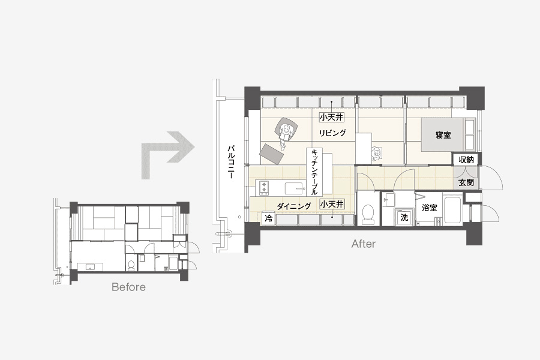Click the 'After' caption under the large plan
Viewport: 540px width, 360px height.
[364, 244]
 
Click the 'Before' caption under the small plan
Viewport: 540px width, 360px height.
[128, 287]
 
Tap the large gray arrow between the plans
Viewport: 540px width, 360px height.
[167, 154]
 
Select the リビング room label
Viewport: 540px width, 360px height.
[332, 133]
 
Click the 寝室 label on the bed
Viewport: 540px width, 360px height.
[443, 135]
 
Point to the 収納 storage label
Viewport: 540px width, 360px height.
[466, 160]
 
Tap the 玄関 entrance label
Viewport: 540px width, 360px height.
[466, 182]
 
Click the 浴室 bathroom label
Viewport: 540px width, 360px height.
[430, 208]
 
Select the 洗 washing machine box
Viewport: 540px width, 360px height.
[404, 217]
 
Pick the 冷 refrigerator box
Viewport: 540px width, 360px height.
[269, 218]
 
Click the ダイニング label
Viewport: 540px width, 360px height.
[294, 206]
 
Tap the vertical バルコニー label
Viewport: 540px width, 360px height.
[231, 161]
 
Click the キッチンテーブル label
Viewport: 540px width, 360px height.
[314, 172]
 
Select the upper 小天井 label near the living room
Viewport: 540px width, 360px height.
[332, 117]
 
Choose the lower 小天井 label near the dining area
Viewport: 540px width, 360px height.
[332, 204]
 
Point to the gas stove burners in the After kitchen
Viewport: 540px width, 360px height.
[265, 187]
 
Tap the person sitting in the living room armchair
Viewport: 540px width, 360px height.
[286, 133]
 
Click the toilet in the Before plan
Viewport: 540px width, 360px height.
[131, 265]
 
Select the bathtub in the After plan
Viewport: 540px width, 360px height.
[452, 209]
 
